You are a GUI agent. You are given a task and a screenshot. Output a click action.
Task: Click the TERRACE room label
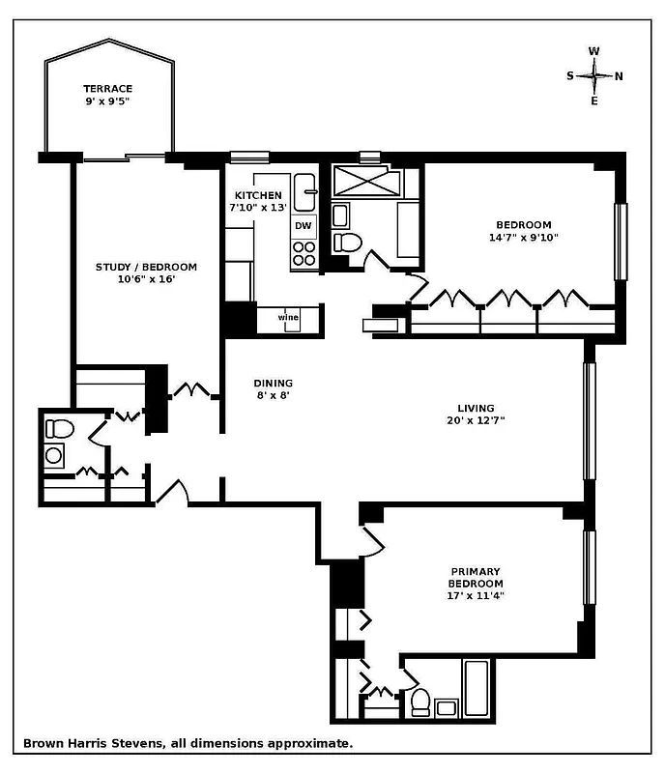107,88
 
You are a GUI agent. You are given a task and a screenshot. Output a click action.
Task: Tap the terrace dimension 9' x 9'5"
107,100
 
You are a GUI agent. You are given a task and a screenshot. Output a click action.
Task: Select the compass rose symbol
594,75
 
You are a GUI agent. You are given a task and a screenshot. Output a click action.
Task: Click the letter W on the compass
594,51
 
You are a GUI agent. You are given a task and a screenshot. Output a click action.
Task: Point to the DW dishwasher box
304,225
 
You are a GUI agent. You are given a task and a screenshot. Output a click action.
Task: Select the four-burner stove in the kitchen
304,253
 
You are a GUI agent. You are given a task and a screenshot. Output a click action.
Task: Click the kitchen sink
304,191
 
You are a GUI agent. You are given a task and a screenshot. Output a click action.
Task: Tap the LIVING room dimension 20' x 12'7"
477,420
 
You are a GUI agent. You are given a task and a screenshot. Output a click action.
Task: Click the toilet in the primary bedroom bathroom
419,699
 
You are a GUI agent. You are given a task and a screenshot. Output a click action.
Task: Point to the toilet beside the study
59,428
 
